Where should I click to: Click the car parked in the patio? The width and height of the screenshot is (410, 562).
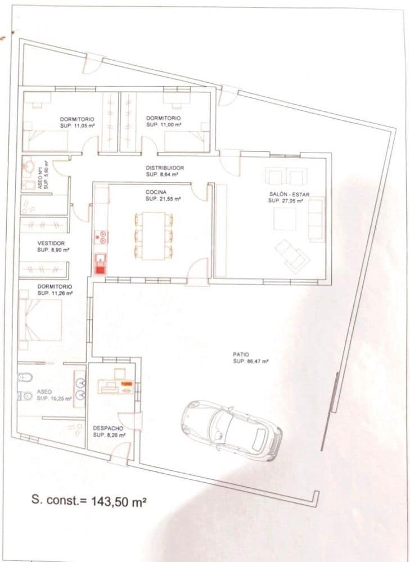coord(231,428)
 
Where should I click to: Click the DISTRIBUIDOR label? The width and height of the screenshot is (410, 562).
coord(165,168)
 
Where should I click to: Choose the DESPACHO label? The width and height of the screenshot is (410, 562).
coord(107,428)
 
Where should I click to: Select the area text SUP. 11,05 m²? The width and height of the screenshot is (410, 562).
coord(77,125)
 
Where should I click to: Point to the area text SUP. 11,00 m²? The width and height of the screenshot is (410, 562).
coord(164,124)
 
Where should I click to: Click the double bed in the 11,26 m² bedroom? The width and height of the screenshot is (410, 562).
coord(41,320)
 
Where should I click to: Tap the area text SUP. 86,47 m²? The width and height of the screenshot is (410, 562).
coord(251,361)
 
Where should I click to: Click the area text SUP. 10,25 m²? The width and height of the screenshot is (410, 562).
coord(54,398)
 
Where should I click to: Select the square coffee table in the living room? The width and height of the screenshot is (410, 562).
coord(285,219)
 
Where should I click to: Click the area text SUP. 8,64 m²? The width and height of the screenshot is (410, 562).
coord(162,175)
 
